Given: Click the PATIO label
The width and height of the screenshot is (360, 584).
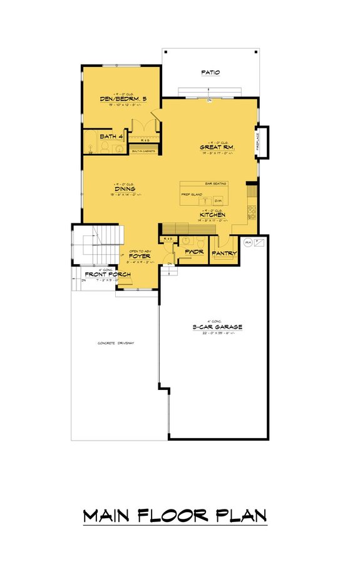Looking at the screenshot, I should (210, 73).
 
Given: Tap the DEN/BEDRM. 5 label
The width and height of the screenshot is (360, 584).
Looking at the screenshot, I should (123, 100).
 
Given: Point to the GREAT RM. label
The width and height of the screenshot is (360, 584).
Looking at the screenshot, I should (217, 147).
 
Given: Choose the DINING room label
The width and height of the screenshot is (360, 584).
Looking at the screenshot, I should (125, 188).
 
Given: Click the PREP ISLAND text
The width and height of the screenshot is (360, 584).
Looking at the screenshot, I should (190, 194).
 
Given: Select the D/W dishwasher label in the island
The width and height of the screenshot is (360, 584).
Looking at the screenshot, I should (218, 200).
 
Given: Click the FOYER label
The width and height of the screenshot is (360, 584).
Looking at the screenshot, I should (138, 256).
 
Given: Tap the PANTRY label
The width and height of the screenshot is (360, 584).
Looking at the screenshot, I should (223, 254).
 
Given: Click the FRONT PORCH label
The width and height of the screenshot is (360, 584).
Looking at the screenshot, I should (103, 274).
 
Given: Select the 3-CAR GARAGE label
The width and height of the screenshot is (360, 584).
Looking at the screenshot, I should (217, 327).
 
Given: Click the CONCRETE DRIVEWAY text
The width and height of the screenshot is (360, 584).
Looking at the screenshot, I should (116, 344).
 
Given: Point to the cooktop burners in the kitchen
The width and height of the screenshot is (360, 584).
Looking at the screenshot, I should (252, 210).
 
